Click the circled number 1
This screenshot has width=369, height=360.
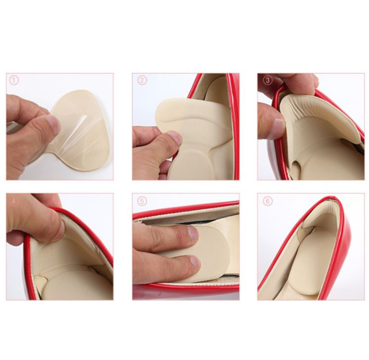pos(14,81)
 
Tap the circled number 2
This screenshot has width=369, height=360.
pos(142,81)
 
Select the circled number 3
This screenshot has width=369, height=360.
pos(267,81)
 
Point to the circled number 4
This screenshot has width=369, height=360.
pos(14,201)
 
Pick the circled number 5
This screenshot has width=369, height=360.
pos(142,201)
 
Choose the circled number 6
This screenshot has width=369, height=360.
pos(267,201)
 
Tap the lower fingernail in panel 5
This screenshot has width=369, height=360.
pos(195,263)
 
